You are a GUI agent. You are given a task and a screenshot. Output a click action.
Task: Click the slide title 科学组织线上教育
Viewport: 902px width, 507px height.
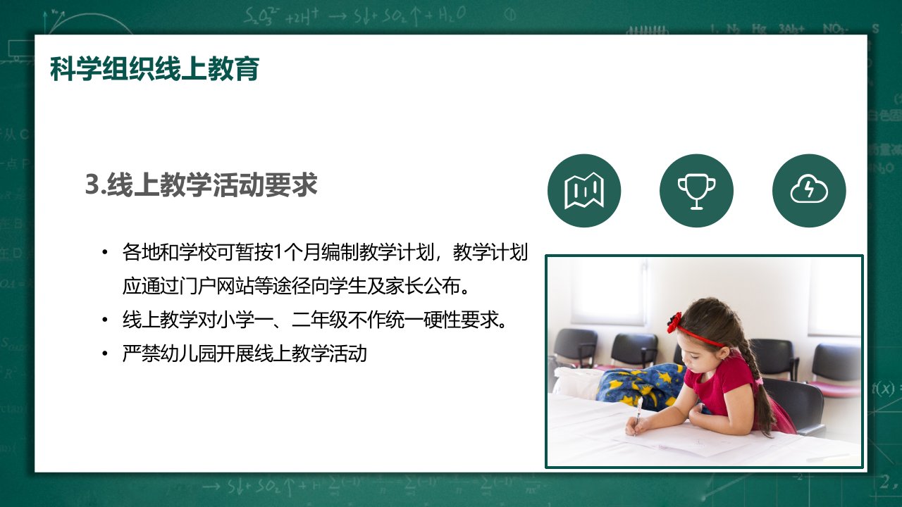(154, 69)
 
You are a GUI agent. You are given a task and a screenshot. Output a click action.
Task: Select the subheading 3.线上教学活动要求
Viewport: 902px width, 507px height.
(202, 185)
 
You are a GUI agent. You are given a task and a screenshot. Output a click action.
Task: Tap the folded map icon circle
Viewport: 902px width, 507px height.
(584, 191)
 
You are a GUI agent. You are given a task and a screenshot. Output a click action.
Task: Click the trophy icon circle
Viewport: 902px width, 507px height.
(697, 191)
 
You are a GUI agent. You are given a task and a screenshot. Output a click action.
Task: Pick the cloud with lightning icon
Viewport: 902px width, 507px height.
(810, 191)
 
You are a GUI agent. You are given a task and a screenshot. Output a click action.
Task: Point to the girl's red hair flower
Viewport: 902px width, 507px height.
(674, 322)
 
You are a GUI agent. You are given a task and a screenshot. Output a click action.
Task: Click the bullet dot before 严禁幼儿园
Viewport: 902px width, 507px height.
(105, 354)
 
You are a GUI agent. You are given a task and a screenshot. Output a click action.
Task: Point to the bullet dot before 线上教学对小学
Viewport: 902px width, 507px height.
(105, 320)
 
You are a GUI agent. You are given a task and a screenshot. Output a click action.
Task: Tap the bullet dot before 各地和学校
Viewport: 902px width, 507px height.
(105, 253)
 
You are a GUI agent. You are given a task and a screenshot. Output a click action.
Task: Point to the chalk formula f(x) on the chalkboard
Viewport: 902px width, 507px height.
(884, 389)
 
